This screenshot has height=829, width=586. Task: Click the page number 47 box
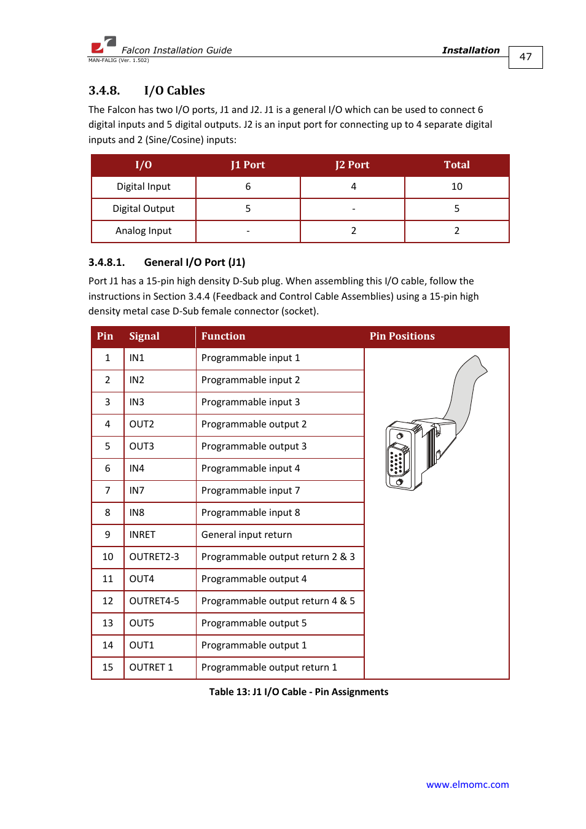coord(525,57)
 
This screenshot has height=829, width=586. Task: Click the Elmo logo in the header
coord(103,45)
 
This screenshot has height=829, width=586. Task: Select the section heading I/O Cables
coord(174,90)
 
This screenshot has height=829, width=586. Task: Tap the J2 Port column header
coord(352,165)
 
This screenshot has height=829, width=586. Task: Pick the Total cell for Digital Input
coord(456,187)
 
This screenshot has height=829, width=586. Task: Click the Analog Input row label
coord(143,231)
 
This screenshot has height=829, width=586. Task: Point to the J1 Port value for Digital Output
coord(248,209)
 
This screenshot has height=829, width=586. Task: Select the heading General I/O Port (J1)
coord(194,262)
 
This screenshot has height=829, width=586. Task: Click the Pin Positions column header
coord(402,337)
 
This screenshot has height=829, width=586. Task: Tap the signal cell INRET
coord(142,535)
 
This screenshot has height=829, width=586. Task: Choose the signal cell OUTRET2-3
coord(154,557)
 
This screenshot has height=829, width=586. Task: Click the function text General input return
coord(246,535)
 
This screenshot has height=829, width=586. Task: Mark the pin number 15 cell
coord(107,667)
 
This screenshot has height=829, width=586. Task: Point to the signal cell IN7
coord(136,491)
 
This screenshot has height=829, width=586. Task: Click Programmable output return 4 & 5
coord(278,601)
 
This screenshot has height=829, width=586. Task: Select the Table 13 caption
coord(299,692)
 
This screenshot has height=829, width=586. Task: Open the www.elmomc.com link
coord(467,785)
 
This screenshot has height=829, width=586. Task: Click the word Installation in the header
coord(471,50)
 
